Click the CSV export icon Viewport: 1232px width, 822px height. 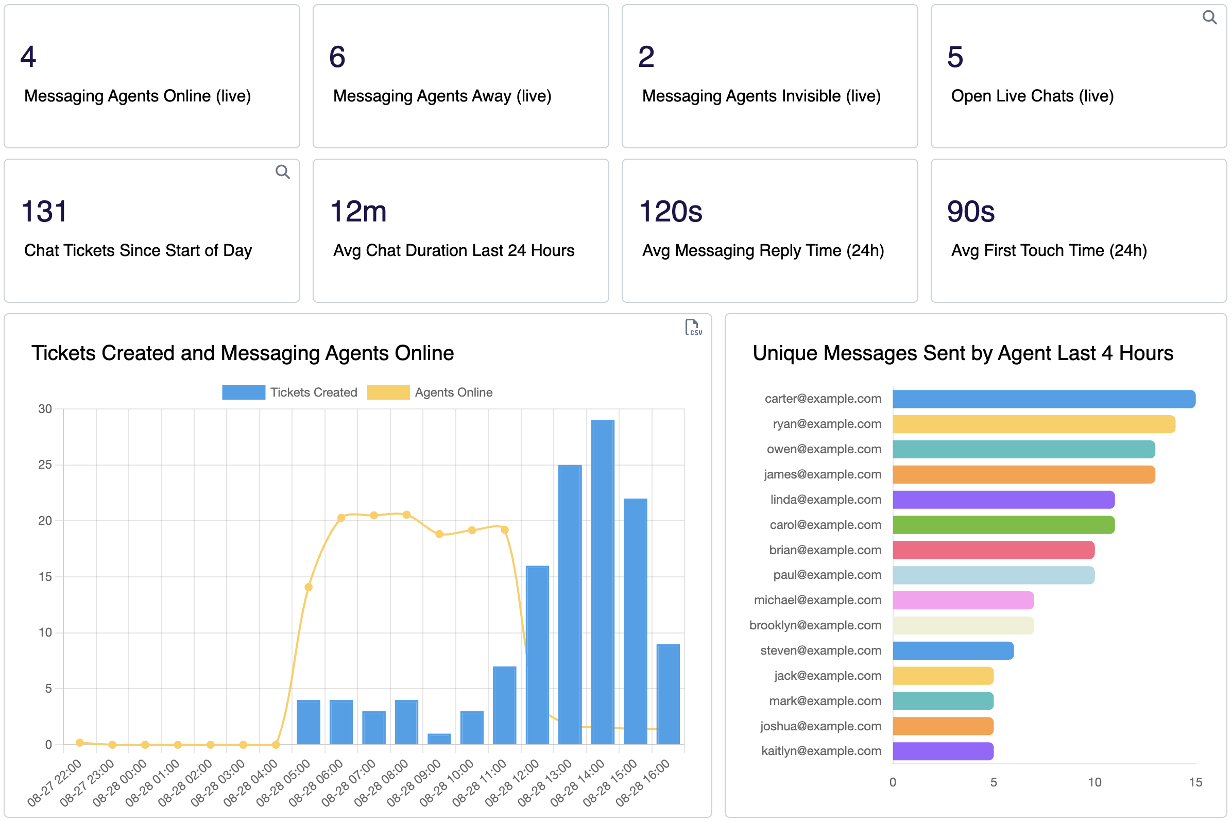click(x=693, y=327)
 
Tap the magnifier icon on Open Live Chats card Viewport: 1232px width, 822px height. click(x=1209, y=18)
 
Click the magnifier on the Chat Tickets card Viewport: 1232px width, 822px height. click(x=283, y=172)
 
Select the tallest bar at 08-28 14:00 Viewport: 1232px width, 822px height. click(x=603, y=582)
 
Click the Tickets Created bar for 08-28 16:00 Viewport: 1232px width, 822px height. click(x=668, y=694)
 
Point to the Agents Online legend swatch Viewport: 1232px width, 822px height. click(x=388, y=392)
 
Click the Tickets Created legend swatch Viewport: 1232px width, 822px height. click(x=243, y=392)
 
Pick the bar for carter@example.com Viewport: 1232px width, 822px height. click(x=1043, y=399)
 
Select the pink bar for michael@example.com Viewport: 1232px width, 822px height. click(x=963, y=600)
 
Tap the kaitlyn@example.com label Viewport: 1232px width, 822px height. click(x=821, y=751)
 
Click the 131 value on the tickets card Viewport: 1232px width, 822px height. click(x=44, y=212)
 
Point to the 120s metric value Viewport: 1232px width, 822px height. click(x=670, y=212)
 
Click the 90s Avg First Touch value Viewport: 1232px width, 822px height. click(x=970, y=212)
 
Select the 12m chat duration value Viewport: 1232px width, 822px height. click(x=358, y=212)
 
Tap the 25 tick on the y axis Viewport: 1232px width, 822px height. click(x=45, y=465)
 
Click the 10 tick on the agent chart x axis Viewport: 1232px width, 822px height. click(x=1094, y=782)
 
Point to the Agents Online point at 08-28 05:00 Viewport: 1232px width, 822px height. click(x=309, y=587)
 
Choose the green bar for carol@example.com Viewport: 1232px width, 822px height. click(x=1003, y=525)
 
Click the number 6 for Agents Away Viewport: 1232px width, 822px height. click(x=337, y=57)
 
